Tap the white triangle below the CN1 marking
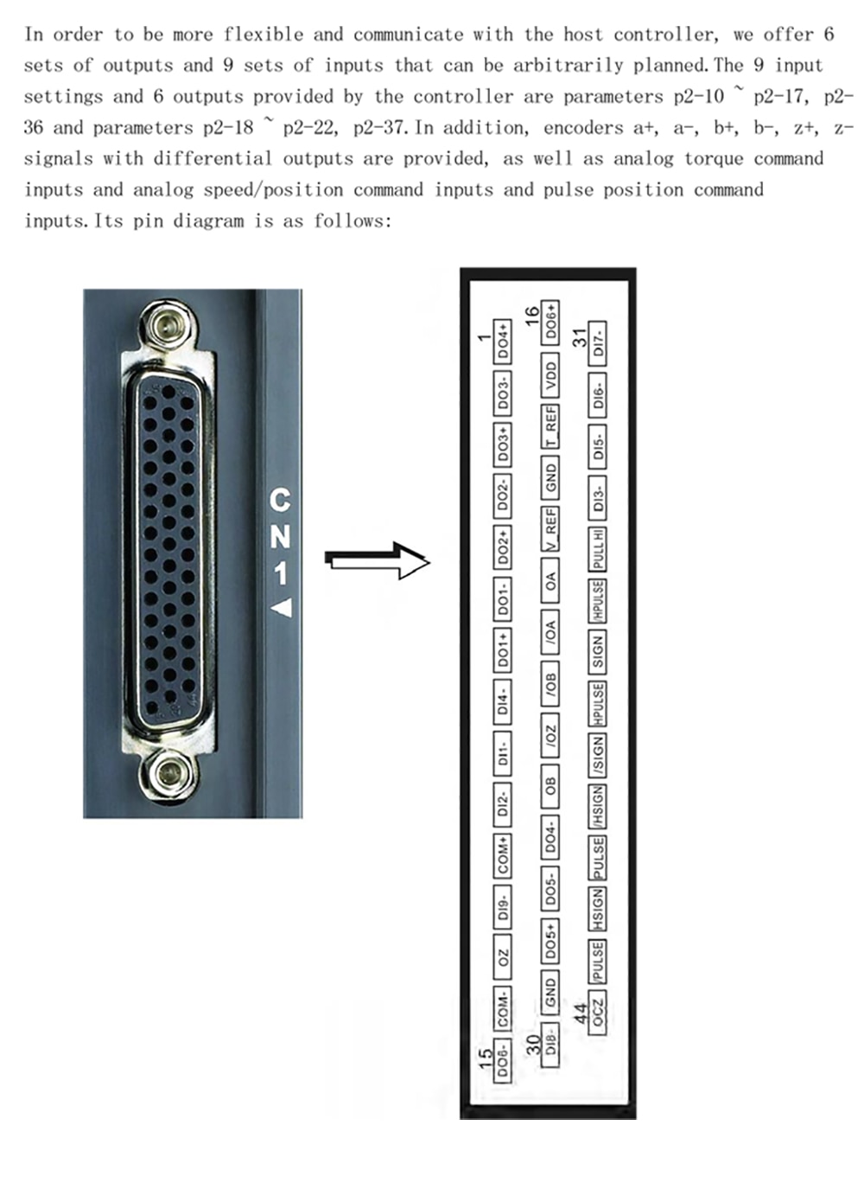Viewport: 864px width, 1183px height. tap(282, 608)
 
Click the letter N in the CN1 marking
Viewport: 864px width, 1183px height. tap(280, 537)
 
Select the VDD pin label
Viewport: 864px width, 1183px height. tap(551, 377)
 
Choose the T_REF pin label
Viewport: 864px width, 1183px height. tap(551, 427)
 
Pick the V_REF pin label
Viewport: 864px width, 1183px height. tap(551, 528)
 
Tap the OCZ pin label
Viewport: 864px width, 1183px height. tap(599, 1012)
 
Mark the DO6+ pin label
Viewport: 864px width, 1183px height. tap(551, 323)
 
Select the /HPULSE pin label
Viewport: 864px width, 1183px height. tap(599, 601)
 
